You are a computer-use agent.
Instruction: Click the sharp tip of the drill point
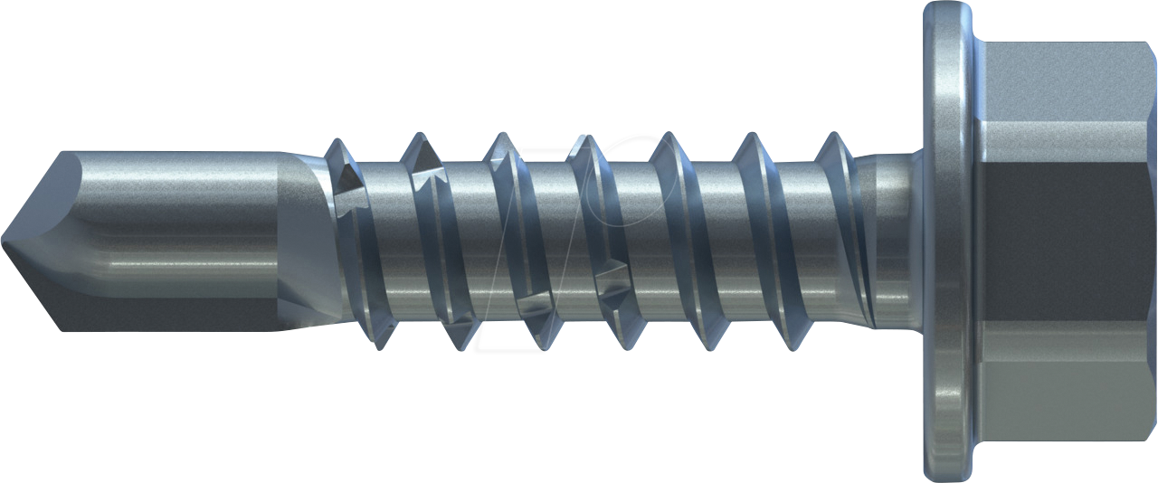pos(5,241)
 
